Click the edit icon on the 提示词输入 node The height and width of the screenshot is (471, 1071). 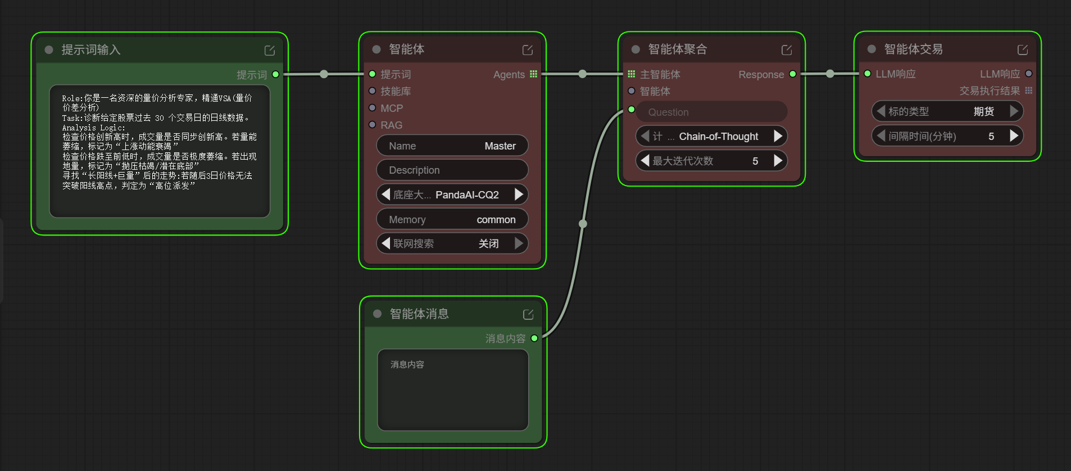click(270, 51)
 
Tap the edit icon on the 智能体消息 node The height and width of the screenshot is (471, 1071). click(528, 315)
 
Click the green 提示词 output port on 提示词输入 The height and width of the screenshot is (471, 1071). click(275, 74)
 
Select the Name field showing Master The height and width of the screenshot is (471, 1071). click(452, 146)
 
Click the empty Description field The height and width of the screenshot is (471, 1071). click(452, 170)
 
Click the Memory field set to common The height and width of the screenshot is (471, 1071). click(452, 219)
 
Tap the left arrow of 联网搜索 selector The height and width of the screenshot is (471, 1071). click(385, 243)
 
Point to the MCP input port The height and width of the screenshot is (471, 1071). click(372, 108)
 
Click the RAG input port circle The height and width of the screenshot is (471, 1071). click(372, 125)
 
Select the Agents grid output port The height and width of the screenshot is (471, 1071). click(534, 74)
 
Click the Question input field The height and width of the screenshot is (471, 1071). click(711, 112)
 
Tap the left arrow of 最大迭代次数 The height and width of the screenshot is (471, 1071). click(645, 161)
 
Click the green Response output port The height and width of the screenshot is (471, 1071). click(793, 74)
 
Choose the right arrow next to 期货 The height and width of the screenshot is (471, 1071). click(1014, 111)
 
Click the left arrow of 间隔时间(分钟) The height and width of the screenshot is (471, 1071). click(881, 136)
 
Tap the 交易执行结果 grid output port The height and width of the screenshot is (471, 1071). click(1029, 90)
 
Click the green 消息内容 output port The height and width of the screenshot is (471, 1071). click(534, 338)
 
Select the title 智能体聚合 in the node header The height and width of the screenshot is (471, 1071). click(678, 49)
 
